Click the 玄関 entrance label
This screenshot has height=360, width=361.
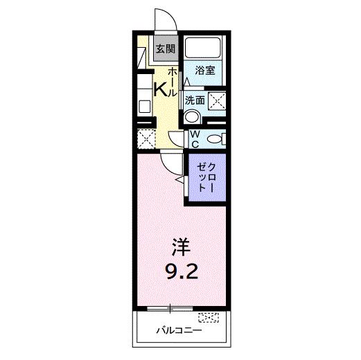click(165, 49)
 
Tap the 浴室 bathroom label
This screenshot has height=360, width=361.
click(204, 70)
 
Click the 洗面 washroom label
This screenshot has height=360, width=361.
click(194, 99)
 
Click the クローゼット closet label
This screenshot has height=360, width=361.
click(206, 178)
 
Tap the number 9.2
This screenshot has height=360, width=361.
click(182, 270)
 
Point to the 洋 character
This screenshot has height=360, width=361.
click(181, 246)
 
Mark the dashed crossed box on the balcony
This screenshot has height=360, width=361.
click(207, 318)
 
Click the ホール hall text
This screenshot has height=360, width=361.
click(173, 82)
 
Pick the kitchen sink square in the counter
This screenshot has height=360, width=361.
click(144, 106)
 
